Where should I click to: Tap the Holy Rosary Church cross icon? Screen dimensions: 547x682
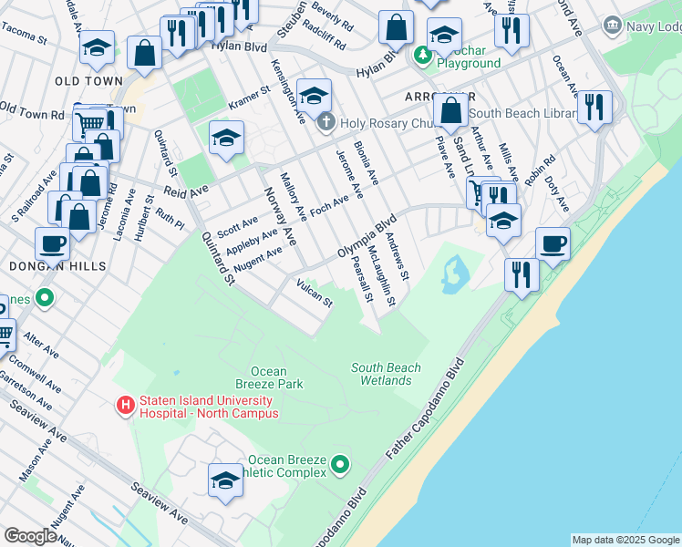pos(325,122)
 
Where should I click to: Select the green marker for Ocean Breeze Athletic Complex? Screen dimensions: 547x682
pos(339,466)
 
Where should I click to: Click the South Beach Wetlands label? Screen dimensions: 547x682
pos(387,374)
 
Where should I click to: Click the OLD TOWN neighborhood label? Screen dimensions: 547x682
pos(88,81)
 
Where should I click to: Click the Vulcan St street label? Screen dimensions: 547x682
pos(315,294)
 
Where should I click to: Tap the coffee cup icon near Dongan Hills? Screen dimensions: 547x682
pos(53,243)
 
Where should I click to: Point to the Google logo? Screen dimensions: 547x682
pos(30,536)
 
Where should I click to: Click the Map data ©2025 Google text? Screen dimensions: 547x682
pos(625,540)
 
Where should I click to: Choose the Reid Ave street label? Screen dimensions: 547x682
pos(186,191)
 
